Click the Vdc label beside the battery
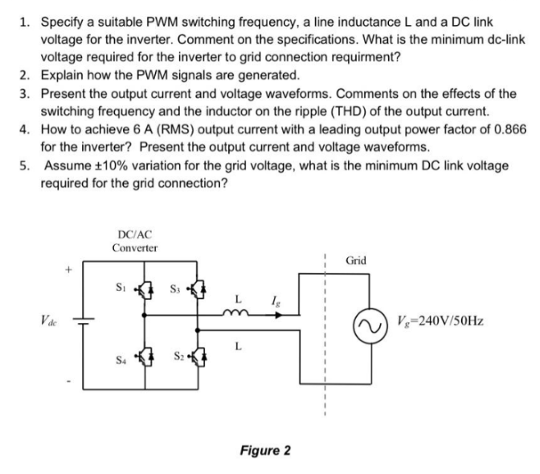point(36,317)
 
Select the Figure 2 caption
point(264,450)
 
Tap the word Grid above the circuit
point(357,260)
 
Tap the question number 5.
point(24,165)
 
